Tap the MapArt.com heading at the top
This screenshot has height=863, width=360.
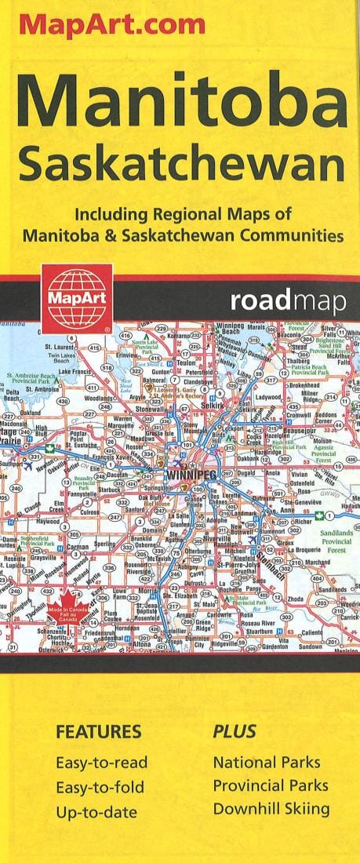tap(112, 26)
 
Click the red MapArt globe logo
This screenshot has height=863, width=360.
tap(76, 298)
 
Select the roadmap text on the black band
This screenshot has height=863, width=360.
tap(288, 302)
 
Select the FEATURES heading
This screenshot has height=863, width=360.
tap(98, 733)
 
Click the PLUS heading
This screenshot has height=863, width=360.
tap(235, 733)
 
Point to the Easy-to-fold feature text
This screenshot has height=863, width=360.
tap(100, 785)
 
